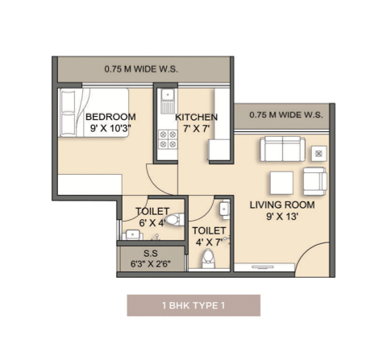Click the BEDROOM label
110,117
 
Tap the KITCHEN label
196,117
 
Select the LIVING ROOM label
282,205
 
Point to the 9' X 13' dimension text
282,217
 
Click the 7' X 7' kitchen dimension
196,129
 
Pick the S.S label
151,253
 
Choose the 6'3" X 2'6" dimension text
151,264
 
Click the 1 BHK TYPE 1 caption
194,305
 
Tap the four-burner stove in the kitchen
168,139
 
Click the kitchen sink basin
168,94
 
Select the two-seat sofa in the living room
282,149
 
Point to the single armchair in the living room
315,181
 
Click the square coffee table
281,183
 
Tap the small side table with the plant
319,154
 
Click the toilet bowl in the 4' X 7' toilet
209,259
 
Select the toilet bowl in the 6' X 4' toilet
175,220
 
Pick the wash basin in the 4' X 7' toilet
224,209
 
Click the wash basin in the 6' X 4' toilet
132,234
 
